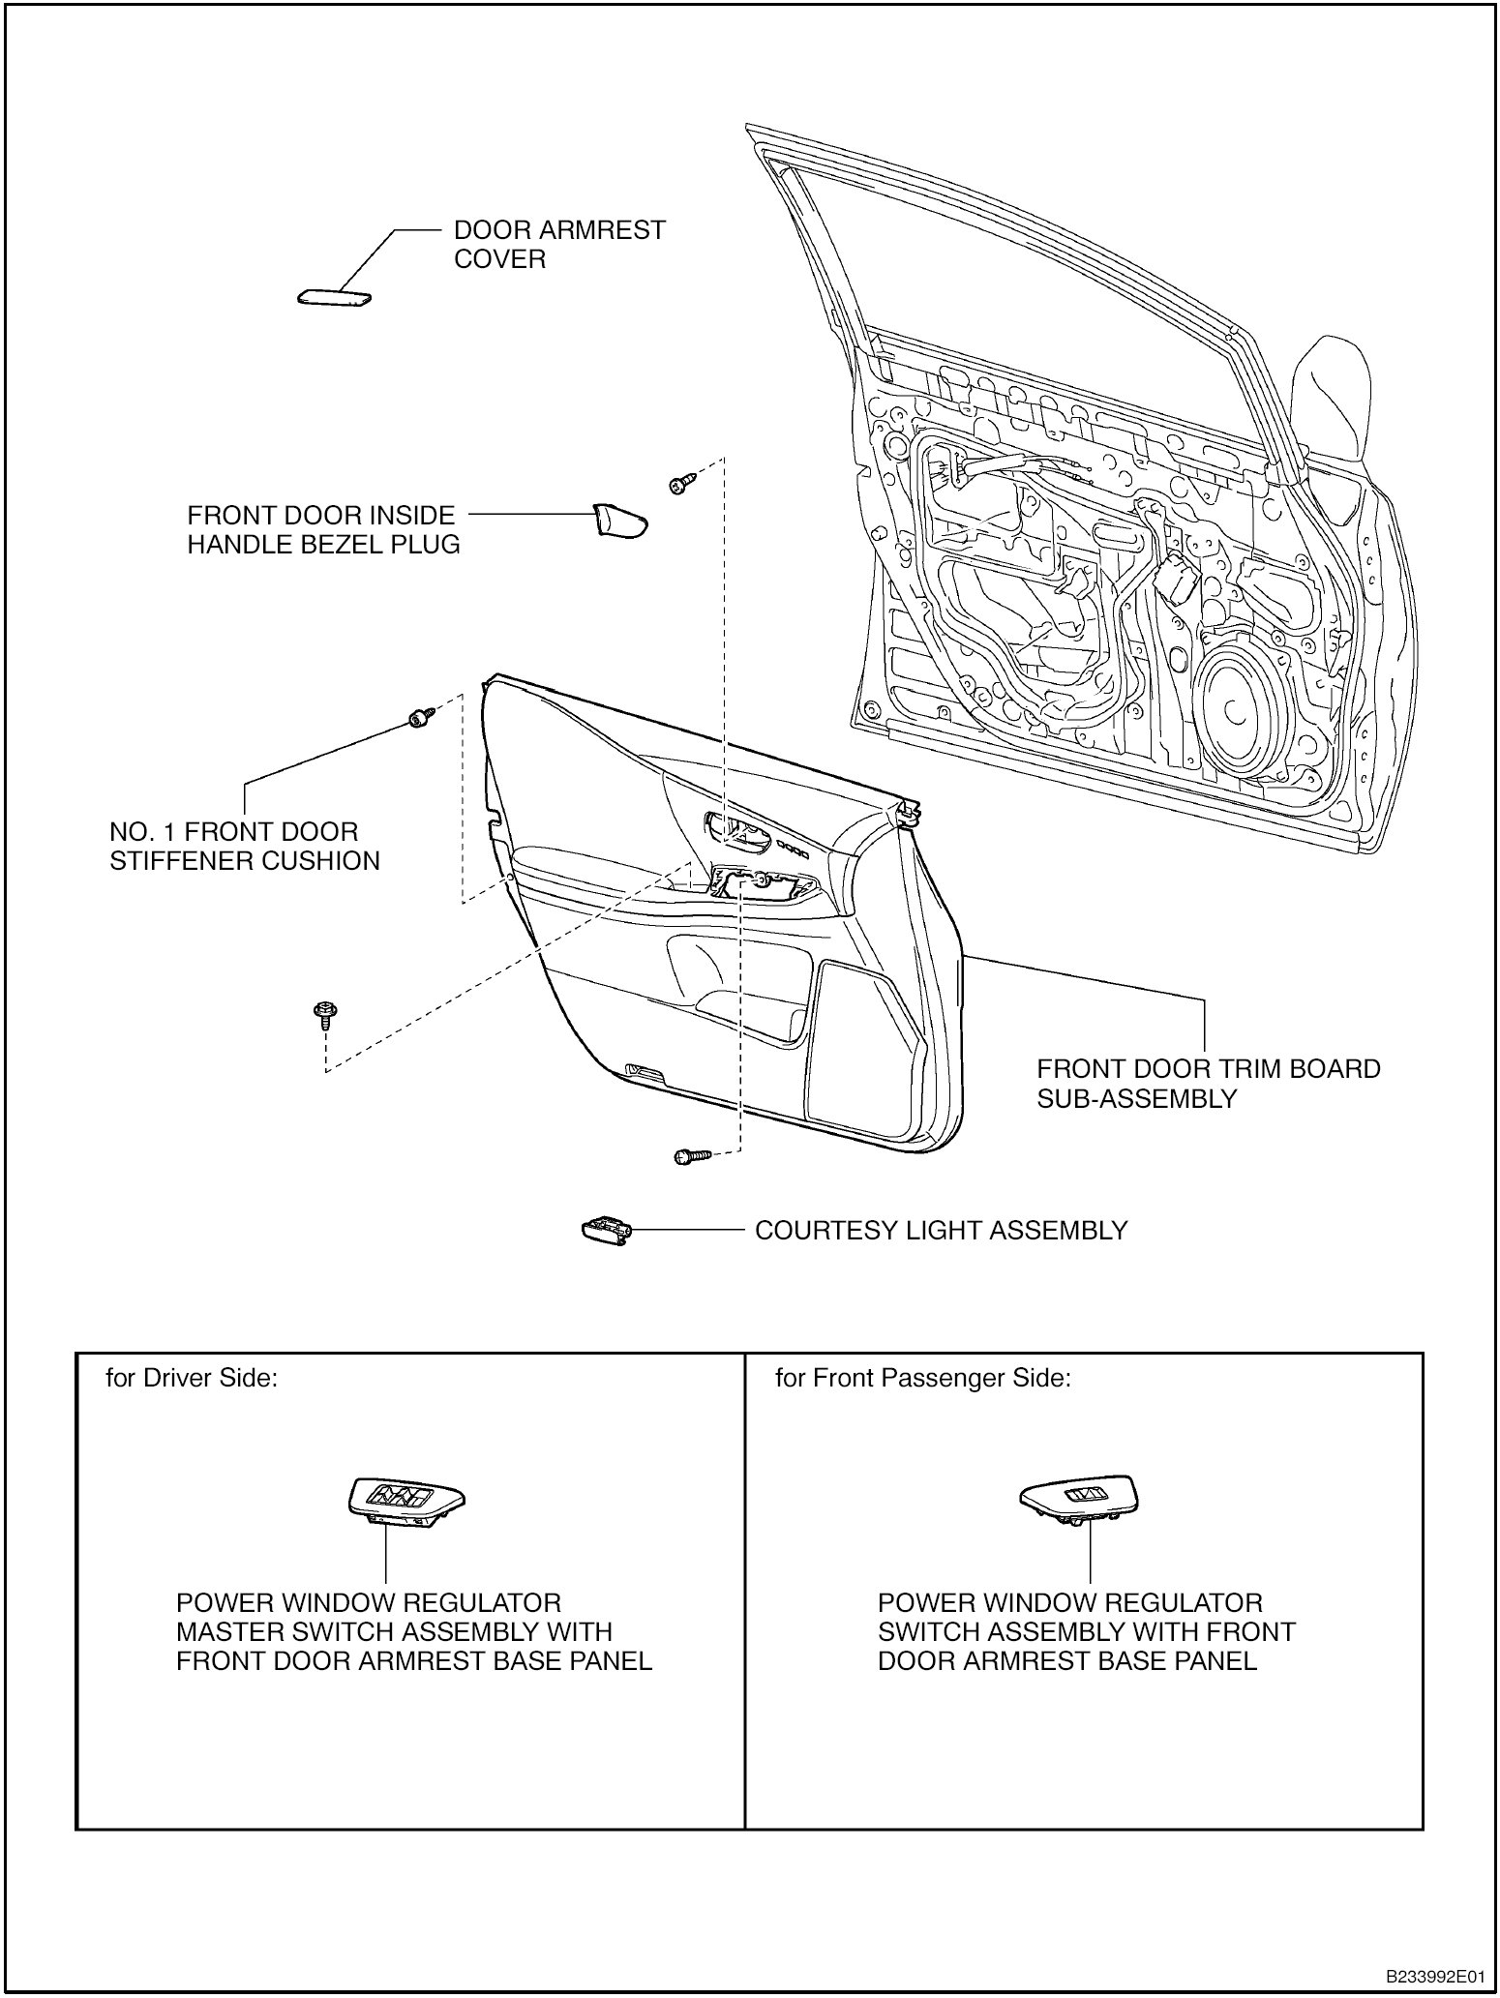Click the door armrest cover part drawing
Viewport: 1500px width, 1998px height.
pyautogui.click(x=334, y=298)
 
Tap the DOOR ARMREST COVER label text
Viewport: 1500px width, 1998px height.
pyautogui.click(x=559, y=245)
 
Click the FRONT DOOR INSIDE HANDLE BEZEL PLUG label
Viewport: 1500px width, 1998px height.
pyautogui.click(x=323, y=529)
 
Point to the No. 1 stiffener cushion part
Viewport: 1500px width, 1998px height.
pyautogui.click(x=419, y=718)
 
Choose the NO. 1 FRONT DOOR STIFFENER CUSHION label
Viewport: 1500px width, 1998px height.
pyautogui.click(x=244, y=846)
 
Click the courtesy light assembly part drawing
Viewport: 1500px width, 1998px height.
pyautogui.click(x=606, y=1229)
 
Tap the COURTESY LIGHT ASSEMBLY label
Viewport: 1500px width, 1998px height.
pyautogui.click(x=941, y=1231)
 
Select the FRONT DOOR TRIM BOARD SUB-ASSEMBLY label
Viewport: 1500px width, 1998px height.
pyautogui.click(x=1208, y=1084)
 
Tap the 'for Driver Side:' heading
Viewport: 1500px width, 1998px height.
pyautogui.click(x=192, y=1378)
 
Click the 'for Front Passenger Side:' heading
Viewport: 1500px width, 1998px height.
pyautogui.click(x=922, y=1378)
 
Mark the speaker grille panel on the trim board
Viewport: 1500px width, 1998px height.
pyautogui.click(x=861, y=1045)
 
